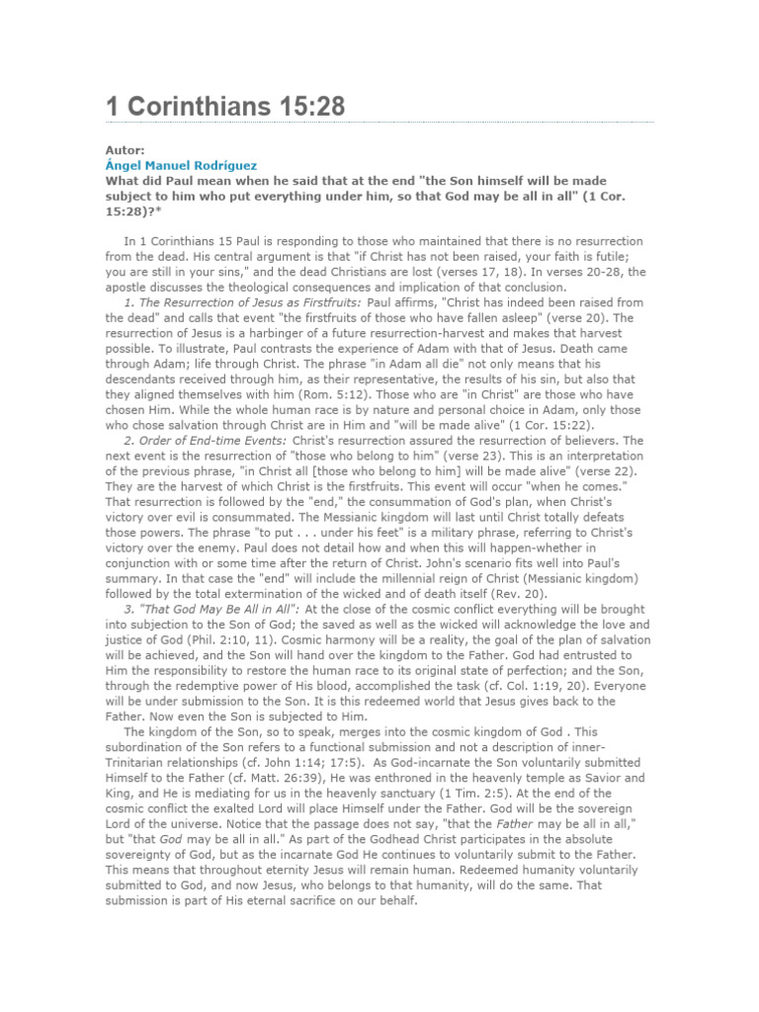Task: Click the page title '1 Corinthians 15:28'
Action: (x=225, y=107)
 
